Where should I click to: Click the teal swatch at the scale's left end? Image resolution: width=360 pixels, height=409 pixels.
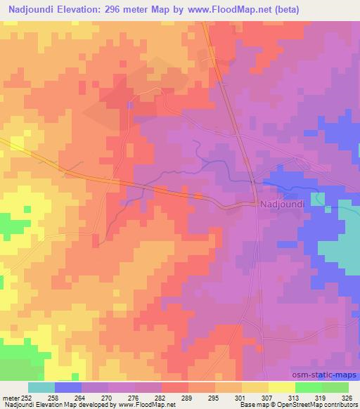click(41, 387)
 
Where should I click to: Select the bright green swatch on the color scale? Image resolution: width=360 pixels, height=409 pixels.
click(309, 387)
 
